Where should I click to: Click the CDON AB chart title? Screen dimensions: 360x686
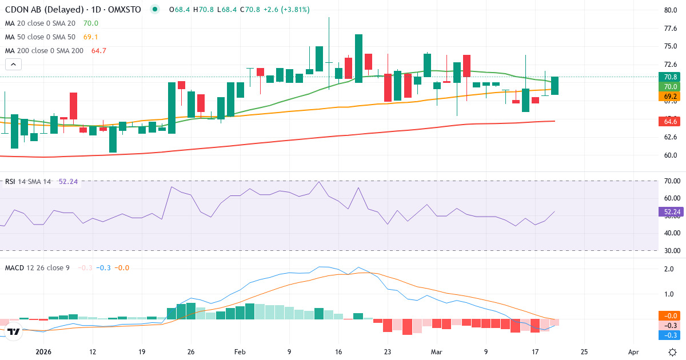point(73,9)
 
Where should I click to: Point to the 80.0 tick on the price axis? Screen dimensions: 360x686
point(671,10)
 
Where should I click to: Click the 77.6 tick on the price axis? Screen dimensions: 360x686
point(671,28)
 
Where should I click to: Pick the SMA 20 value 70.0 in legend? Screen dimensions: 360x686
point(91,23)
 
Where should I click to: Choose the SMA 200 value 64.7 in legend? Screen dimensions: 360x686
point(99,51)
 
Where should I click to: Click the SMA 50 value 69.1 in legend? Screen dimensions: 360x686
point(91,37)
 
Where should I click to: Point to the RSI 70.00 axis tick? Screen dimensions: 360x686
point(672,181)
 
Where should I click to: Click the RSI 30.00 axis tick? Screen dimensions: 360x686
point(672,250)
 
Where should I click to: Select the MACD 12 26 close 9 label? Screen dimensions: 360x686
point(37,267)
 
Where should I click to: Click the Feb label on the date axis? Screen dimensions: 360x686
point(240,352)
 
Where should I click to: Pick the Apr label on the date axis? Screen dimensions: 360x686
point(633,352)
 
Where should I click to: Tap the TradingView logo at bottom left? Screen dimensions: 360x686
point(14,331)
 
